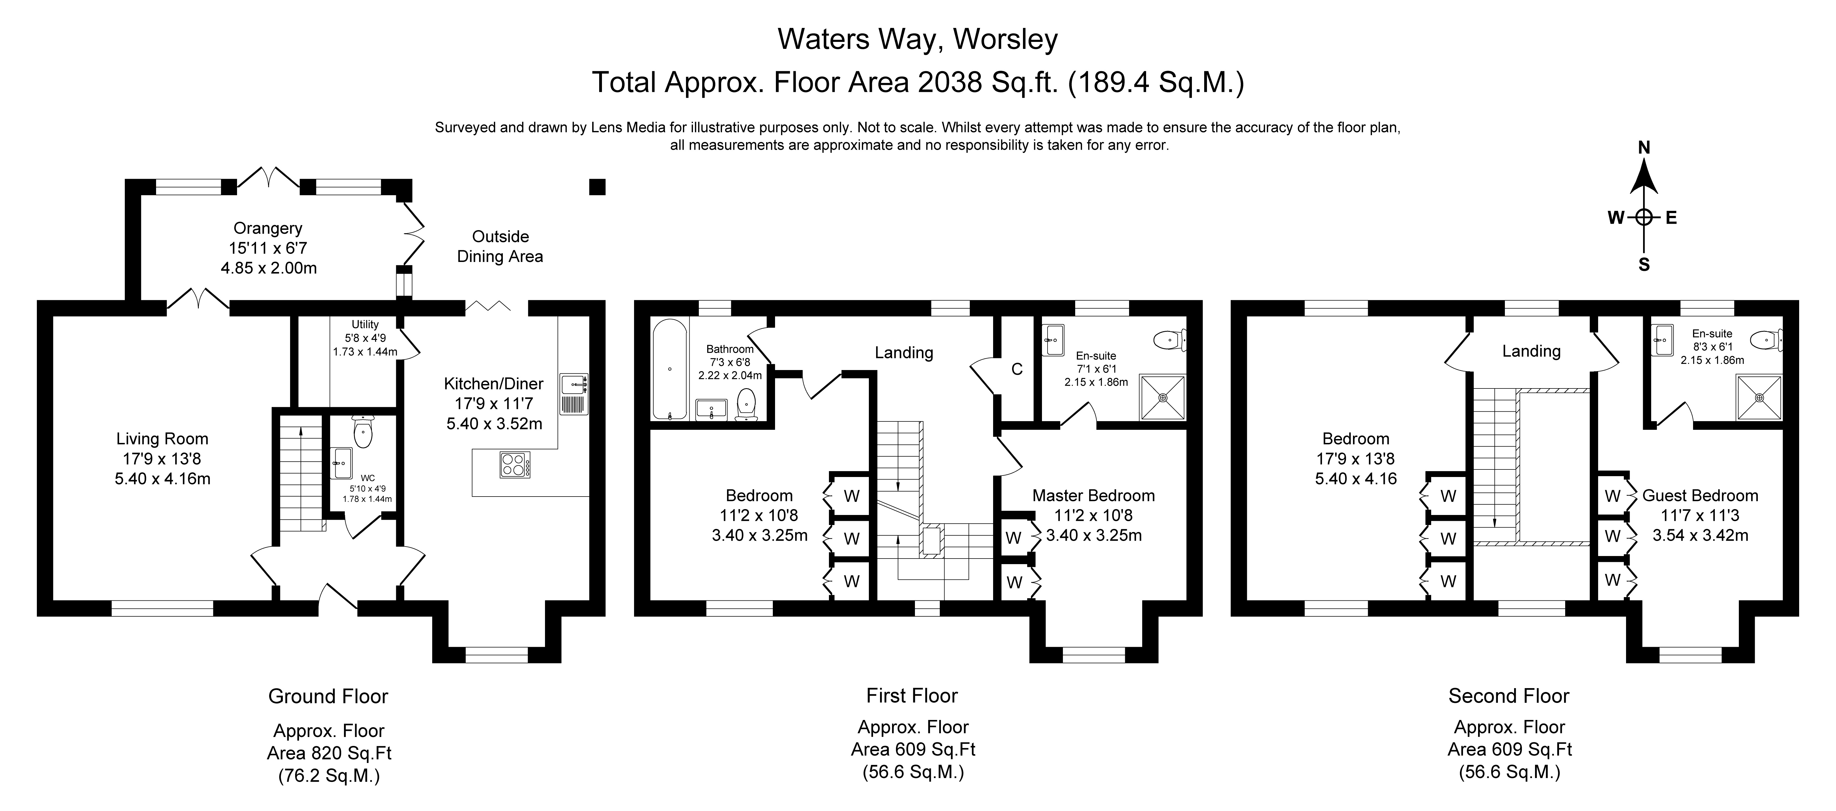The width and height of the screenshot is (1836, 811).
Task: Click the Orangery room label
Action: point(268,228)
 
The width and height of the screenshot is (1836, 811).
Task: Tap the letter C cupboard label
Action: point(1017,369)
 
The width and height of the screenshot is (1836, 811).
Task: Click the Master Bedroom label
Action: point(1093,495)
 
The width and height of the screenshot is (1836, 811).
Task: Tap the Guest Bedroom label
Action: point(1700,495)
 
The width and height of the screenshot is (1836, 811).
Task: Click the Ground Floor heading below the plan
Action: point(328,696)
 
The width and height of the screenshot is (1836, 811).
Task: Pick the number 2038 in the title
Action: point(949,83)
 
